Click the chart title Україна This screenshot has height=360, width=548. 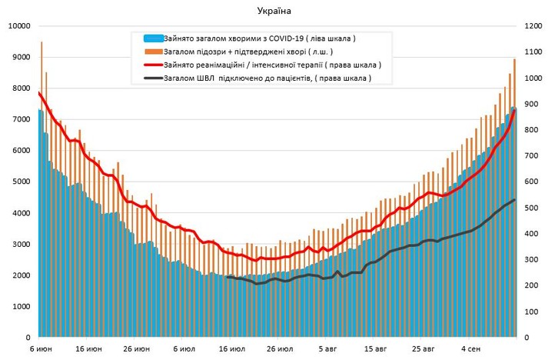[x=274, y=11]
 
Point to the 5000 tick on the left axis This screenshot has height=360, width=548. [x=21, y=182]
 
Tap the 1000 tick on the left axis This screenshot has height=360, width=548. [x=21, y=306]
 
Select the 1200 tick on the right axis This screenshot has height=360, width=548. [x=532, y=26]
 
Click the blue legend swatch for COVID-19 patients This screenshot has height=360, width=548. [x=152, y=38]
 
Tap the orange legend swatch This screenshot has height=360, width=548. [x=152, y=51]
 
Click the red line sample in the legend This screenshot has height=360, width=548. [x=152, y=65]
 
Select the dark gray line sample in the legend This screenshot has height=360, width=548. [x=152, y=78]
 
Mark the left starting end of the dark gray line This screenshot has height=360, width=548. [x=227, y=277]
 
